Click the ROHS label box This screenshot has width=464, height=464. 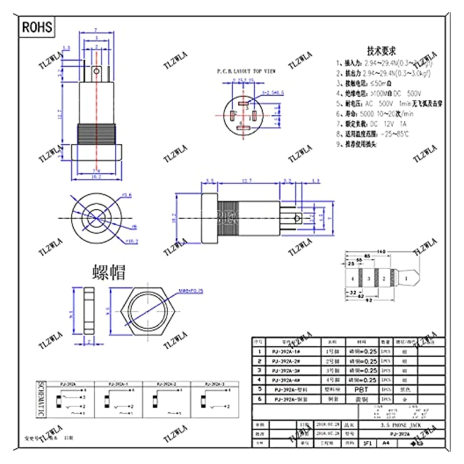pyautogui.click(x=38, y=27)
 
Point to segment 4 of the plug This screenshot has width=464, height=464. pyautogui.click(x=352, y=280)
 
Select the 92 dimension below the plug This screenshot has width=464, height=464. pyautogui.click(x=367, y=300)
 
